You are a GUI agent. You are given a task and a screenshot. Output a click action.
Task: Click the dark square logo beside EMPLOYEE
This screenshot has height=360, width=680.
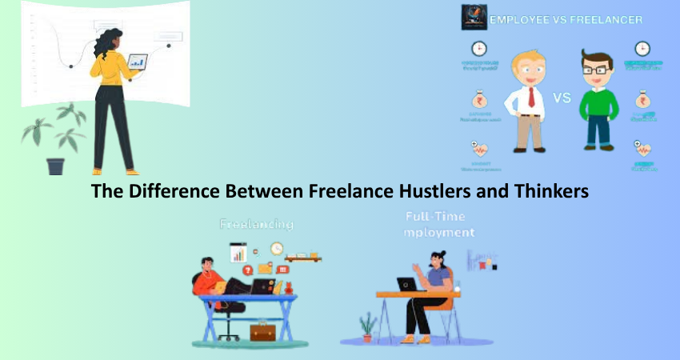[x=474, y=18]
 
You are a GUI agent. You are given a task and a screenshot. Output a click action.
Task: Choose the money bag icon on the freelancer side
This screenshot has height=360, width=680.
[x=642, y=102]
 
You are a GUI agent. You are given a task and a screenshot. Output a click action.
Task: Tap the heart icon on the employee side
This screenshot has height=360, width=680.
[x=479, y=149]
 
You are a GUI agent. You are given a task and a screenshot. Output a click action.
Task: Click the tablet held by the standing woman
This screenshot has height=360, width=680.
[x=138, y=61]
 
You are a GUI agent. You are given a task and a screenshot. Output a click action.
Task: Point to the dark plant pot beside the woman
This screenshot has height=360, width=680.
[x=55, y=166]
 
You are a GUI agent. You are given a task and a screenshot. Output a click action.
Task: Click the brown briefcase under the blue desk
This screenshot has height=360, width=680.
[x=262, y=330]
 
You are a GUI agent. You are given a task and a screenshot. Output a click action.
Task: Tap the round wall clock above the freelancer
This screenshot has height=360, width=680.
[x=277, y=249]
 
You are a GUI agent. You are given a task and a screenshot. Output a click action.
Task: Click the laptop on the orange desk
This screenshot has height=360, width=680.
[x=406, y=284]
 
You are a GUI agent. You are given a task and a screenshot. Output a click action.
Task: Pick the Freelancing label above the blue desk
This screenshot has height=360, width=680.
[x=257, y=225]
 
